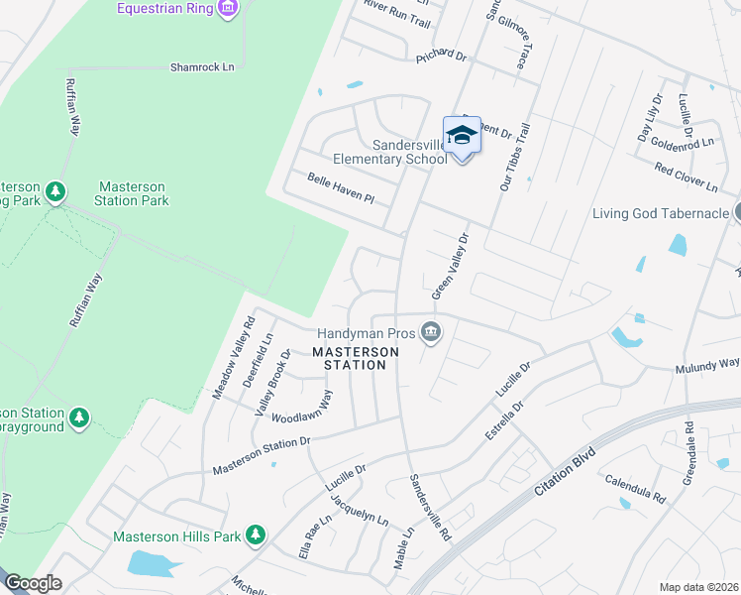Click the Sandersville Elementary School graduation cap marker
coord(462,135)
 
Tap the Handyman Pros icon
coord(430,331)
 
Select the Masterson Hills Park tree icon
coord(257,535)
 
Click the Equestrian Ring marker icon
coord(229,9)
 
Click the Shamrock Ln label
coord(202,67)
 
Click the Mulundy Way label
coord(707,366)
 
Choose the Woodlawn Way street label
coord(301,409)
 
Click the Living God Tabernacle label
coord(660,213)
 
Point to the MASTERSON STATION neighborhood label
coord(356,358)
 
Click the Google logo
coord(33,583)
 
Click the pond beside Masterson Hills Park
coord(153,563)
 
